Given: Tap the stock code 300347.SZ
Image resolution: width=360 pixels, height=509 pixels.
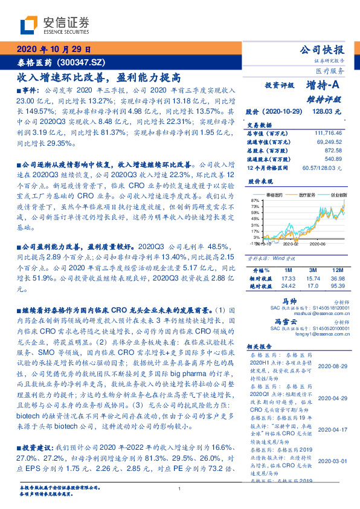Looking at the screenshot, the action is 83,62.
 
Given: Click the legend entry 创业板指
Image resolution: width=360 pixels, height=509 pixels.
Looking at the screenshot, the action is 331,196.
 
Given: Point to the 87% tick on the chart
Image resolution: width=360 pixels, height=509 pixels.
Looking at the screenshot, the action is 255,199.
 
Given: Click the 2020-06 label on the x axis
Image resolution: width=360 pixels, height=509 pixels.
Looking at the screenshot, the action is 319,244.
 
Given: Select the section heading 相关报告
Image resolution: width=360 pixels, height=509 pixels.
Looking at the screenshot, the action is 261,346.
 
